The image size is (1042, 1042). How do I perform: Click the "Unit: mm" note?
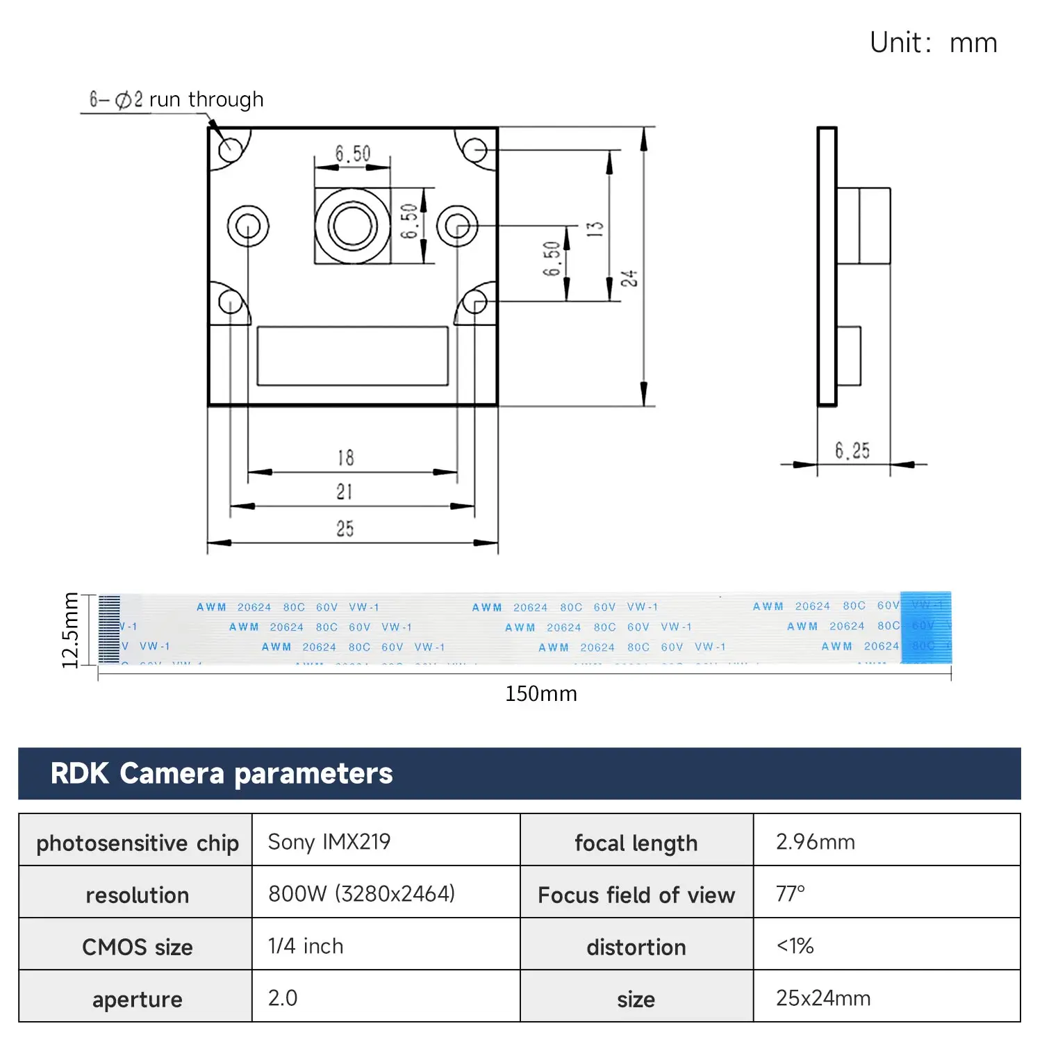(x=933, y=43)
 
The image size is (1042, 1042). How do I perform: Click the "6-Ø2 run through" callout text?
(x=176, y=100)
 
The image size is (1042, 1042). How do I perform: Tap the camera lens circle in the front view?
(x=352, y=226)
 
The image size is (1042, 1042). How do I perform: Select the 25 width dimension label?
(x=345, y=529)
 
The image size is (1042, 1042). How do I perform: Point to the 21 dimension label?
(x=345, y=492)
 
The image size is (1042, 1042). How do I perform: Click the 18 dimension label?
(x=345, y=458)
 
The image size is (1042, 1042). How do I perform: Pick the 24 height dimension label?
(x=629, y=279)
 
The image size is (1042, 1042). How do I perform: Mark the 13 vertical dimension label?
(x=595, y=229)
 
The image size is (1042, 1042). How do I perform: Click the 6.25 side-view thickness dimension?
(x=852, y=451)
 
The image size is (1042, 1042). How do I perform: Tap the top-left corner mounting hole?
(x=230, y=149)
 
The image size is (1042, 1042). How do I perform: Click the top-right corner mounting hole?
(x=475, y=149)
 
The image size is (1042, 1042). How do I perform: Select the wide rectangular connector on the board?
(x=352, y=356)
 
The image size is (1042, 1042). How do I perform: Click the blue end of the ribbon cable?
(x=925, y=627)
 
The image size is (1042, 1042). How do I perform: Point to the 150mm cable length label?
(x=540, y=694)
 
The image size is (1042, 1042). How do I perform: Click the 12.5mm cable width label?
(x=70, y=630)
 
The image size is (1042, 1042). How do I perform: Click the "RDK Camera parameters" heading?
(x=222, y=774)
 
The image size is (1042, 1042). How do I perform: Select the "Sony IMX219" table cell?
(x=329, y=842)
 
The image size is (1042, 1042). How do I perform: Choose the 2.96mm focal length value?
(x=815, y=842)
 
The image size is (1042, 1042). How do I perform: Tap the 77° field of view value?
(x=791, y=893)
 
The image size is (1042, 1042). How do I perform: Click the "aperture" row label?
(x=137, y=999)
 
